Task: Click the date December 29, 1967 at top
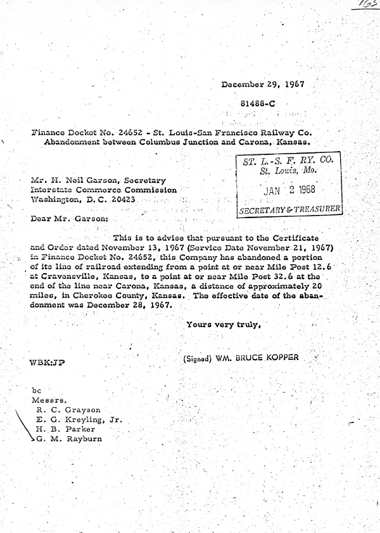pos(263,84)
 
